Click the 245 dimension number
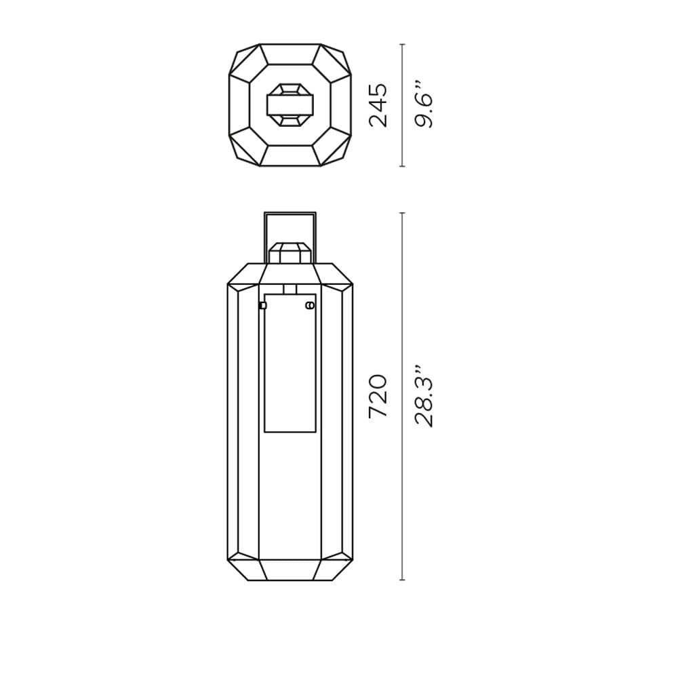point(378,105)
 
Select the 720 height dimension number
point(378,397)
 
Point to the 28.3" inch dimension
point(423,397)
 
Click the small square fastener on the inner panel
point(262,306)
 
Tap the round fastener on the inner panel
point(309,306)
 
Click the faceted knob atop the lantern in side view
point(290,253)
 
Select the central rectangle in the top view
point(290,105)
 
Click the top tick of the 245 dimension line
point(403,45)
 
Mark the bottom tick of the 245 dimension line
point(403,166)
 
